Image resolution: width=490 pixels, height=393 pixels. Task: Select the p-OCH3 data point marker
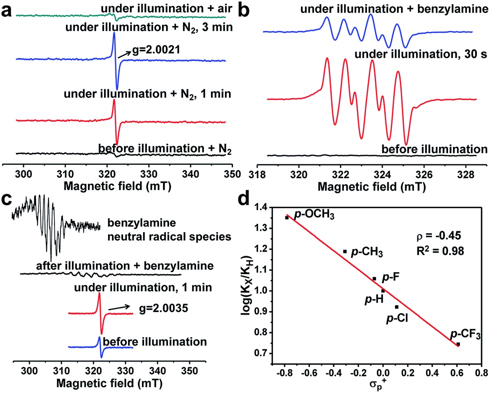click(x=287, y=217)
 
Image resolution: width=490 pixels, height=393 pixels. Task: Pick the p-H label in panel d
click(x=372, y=298)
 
